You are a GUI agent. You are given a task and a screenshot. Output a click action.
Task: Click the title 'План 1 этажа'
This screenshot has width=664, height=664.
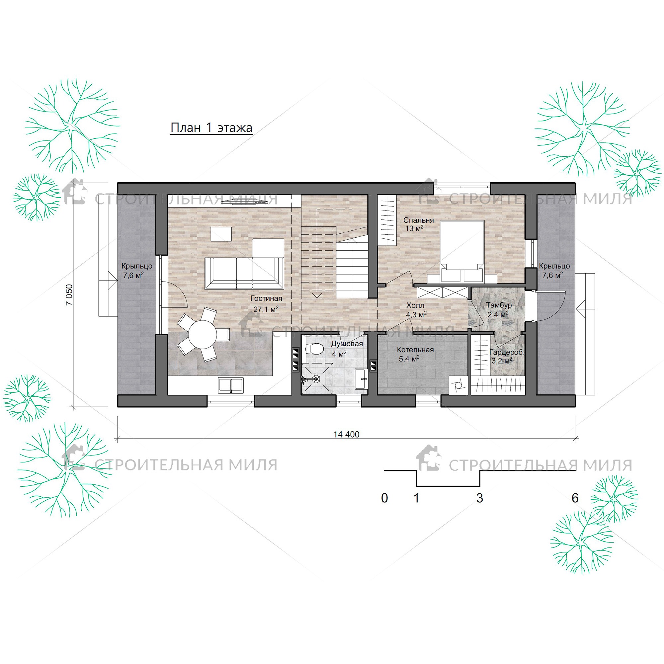[x=211, y=128]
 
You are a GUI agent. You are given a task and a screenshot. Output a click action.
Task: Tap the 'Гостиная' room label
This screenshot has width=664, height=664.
[x=266, y=298]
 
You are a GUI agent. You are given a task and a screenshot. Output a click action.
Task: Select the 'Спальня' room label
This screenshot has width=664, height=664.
[x=418, y=220]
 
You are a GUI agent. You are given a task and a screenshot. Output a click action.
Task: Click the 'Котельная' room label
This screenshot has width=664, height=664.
[x=415, y=350]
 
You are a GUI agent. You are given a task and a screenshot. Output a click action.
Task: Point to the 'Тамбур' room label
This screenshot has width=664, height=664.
[x=499, y=305]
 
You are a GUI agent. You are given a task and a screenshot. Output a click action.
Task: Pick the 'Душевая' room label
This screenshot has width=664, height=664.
[x=347, y=344]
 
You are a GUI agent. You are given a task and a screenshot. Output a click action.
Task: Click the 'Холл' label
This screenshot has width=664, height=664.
[x=415, y=305]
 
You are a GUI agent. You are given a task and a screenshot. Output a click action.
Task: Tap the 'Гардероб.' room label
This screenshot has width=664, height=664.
[x=507, y=352]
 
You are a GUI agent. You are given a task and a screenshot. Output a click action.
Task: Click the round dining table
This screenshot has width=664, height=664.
[x=203, y=334]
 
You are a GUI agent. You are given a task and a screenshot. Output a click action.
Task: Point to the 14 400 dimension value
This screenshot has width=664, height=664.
[x=346, y=434]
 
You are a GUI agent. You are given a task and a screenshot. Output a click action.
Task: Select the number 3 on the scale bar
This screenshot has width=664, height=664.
[x=479, y=498]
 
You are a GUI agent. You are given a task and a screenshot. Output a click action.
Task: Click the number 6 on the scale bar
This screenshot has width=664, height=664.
[x=575, y=498]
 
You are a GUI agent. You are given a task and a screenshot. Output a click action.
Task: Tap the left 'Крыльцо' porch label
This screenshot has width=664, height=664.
[x=137, y=266]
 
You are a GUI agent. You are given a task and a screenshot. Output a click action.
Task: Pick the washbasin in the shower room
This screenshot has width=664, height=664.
[x=361, y=379]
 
